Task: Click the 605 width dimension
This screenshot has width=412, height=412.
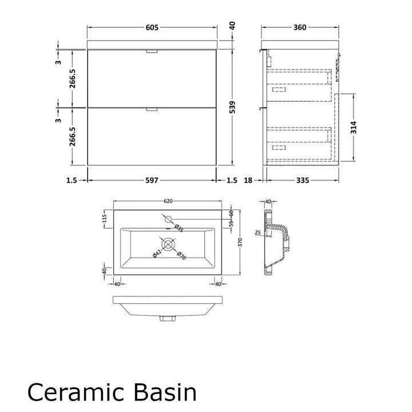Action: (x=152, y=27)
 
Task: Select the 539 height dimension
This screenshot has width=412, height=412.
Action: (x=232, y=107)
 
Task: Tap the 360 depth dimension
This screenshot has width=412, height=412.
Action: (x=300, y=27)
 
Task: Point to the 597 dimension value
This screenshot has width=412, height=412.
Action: (x=152, y=180)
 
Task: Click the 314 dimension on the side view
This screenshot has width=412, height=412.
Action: (x=354, y=128)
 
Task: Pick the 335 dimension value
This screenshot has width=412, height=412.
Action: (x=303, y=180)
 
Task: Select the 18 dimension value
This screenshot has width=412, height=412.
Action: (x=248, y=180)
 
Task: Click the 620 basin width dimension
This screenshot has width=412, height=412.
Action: (x=168, y=201)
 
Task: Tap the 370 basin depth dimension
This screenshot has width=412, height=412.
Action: (x=240, y=242)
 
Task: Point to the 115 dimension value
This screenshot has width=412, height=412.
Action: (x=105, y=219)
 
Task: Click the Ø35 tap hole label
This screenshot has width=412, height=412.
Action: (x=179, y=228)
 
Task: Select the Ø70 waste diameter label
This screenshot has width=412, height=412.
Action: (x=181, y=256)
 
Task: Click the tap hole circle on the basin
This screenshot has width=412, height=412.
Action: (x=168, y=219)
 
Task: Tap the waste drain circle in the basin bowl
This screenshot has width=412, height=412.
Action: (x=168, y=244)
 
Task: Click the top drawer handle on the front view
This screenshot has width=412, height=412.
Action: (x=152, y=51)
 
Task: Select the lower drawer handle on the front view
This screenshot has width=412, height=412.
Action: (x=152, y=109)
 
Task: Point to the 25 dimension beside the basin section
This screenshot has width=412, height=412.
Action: (x=257, y=232)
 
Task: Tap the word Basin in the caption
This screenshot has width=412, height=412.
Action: (x=165, y=392)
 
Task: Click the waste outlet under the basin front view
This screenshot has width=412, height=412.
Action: (x=168, y=319)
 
